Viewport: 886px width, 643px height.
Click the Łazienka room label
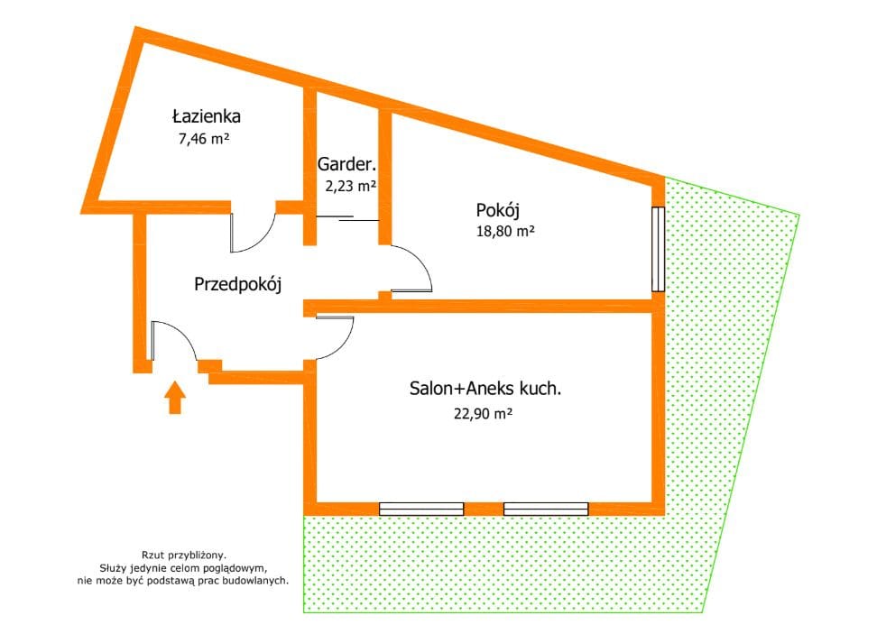click(207, 116)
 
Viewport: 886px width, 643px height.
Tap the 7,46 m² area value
click(203, 139)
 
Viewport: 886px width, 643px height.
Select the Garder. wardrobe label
click(346, 164)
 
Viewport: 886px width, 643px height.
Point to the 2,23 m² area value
click(350, 186)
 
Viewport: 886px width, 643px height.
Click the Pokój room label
click(498, 211)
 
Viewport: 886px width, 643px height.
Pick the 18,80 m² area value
click(505, 231)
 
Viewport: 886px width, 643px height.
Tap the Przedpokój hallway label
click(238, 284)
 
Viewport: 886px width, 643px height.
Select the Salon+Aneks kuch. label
click(485, 389)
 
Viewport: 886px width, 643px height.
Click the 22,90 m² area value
click(483, 414)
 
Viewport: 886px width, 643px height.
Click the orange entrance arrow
click(175, 397)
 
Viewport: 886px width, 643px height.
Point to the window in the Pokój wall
click(658, 249)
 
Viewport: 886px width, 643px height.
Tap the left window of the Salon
click(421, 510)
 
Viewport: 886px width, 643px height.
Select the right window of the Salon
click(546, 510)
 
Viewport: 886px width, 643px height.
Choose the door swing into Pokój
click(422, 261)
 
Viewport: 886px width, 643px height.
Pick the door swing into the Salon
click(344, 345)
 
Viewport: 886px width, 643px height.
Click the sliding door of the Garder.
click(347, 218)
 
